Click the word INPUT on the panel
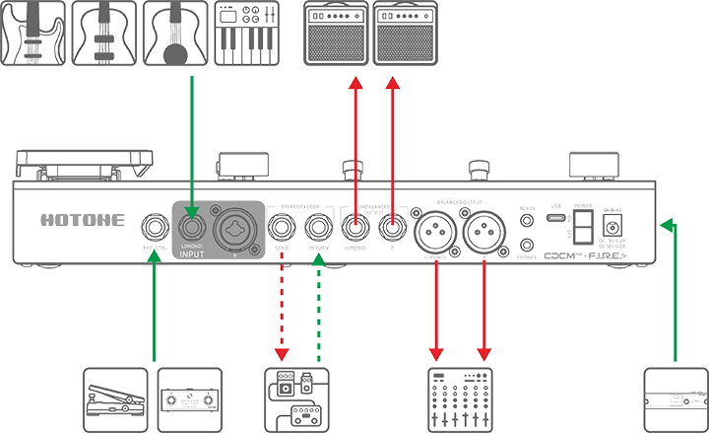coord(193,247)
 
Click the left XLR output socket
coord(435,228)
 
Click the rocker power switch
coord(586,223)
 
